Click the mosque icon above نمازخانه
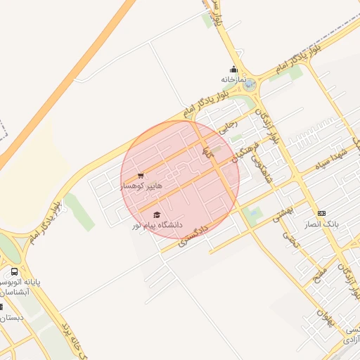point(234,70)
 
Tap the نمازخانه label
point(234,79)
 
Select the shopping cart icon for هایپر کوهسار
point(141,176)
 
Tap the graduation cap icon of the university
point(157,214)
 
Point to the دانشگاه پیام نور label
point(157,225)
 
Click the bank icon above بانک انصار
point(321,213)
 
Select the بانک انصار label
point(323,223)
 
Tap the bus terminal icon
point(14,271)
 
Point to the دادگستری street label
point(194,234)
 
